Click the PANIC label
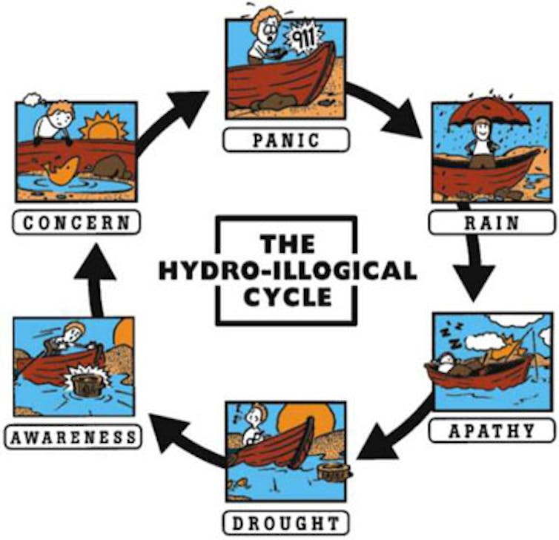pos(285,139)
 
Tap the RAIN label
pos(492,223)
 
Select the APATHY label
pos(492,430)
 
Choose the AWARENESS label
pos(73,436)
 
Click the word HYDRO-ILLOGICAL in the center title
pos(287,271)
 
